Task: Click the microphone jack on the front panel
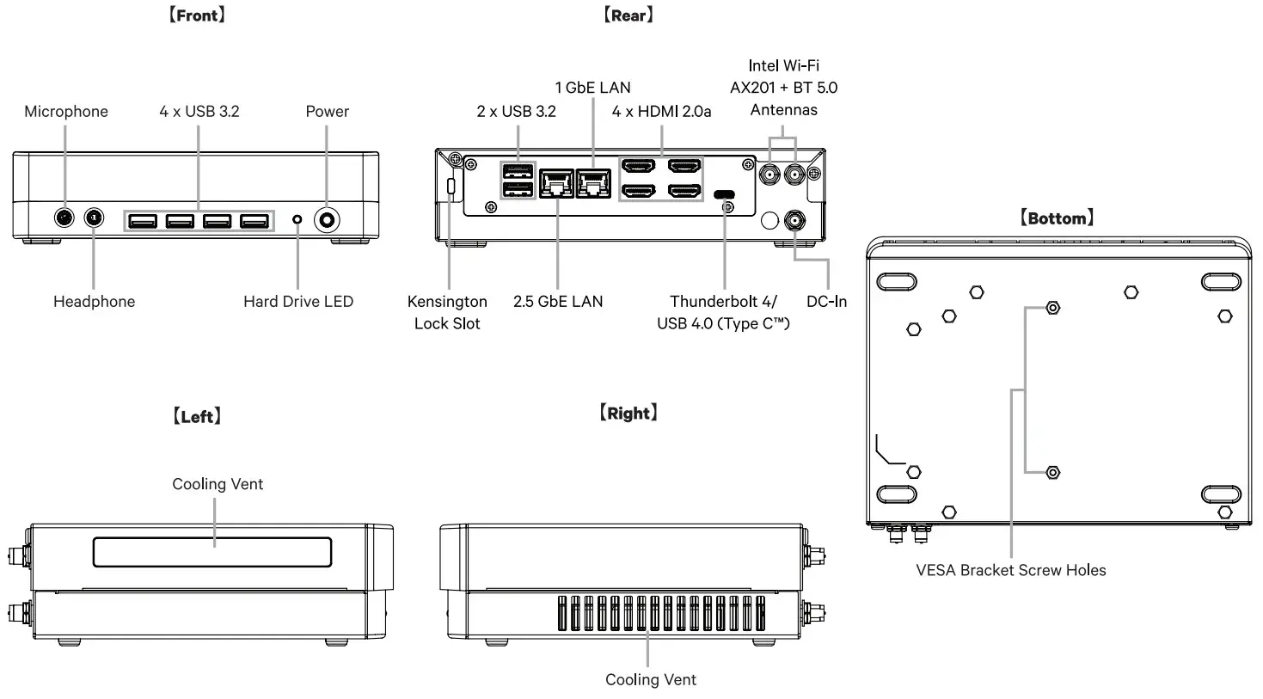coord(64,218)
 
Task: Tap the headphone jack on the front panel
coord(94,218)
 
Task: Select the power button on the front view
coord(327,220)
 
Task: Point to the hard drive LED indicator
coord(297,220)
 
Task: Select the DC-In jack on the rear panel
coord(794,221)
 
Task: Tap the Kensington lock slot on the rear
coord(451,186)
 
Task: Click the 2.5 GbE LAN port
coord(556,183)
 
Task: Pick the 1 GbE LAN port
coord(593,183)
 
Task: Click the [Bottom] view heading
coord(1057,218)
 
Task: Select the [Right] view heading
coord(628,414)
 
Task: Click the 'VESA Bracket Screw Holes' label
coord(1010,570)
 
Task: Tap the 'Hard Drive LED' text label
coord(297,302)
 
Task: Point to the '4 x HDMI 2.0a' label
coord(661,112)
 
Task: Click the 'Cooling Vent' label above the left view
coord(218,484)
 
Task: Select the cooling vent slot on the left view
coord(212,553)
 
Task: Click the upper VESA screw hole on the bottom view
coord(1053,308)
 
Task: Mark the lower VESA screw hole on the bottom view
coord(1053,473)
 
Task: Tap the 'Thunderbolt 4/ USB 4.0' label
coord(723,312)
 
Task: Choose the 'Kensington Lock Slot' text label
coord(447,312)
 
